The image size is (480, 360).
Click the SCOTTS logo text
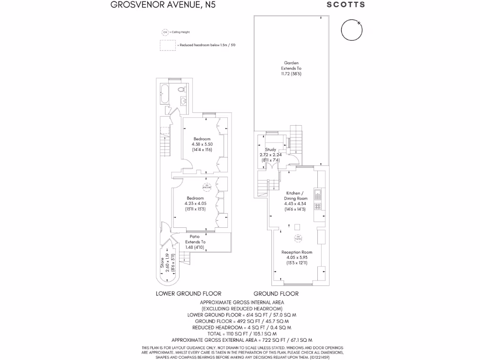[345, 5]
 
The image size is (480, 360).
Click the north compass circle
[352, 30]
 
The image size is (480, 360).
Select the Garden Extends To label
[291, 68]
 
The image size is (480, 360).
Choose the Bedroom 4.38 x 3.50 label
[202, 144]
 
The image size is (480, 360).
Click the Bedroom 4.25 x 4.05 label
[195, 203]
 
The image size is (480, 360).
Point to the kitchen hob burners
[317, 206]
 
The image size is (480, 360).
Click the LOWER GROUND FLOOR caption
[188, 294]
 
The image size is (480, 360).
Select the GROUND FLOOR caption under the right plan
[276, 294]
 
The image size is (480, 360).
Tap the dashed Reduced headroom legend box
[167, 45]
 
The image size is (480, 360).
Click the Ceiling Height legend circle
[165, 32]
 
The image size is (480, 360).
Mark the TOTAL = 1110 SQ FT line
[242, 334]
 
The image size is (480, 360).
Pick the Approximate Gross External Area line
[242, 340]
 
